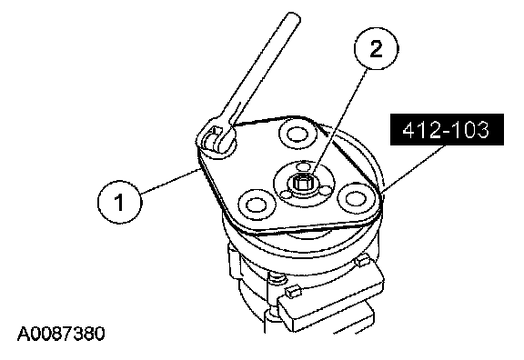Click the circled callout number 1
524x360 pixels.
click(120, 202)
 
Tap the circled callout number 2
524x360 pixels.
click(377, 49)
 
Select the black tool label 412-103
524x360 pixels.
click(447, 130)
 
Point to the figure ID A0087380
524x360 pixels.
click(61, 334)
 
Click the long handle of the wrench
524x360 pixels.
click(265, 66)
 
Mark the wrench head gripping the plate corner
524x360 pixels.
click(217, 139)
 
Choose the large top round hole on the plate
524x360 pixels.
click(297, 135)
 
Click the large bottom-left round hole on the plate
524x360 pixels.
click(256, 204)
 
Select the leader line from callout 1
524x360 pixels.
click(170, 181)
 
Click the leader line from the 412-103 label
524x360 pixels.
click(414, 169)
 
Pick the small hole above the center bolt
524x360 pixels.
click(304, 166)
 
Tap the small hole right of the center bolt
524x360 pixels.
click(326, 190)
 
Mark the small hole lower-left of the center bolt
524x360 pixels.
click(286, 195)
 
